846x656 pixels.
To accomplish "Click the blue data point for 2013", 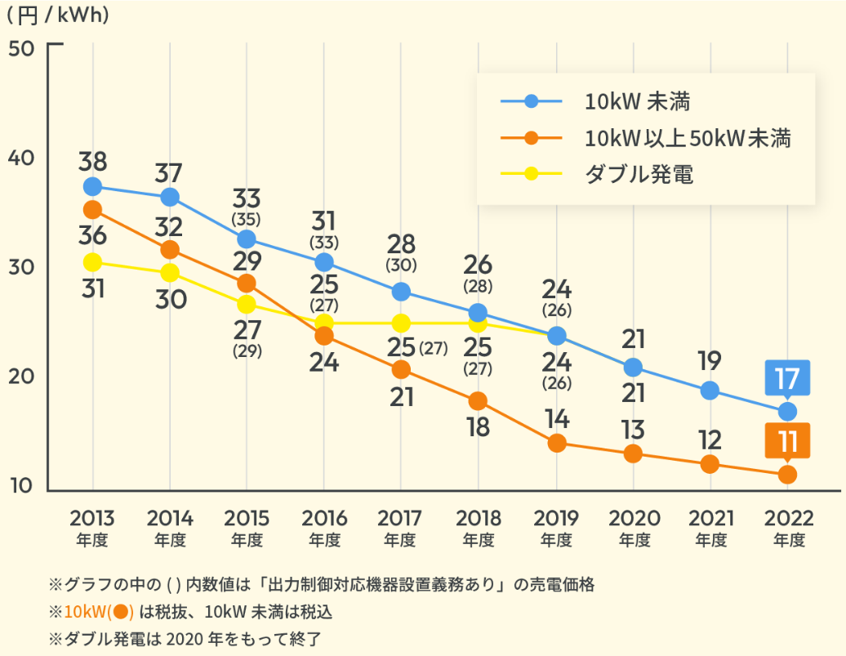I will (x=92, y=186).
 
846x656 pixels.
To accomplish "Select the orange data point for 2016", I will (x=324, y=336).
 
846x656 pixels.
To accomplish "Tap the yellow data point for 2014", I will (x=170, y=272).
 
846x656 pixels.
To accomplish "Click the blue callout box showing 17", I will (x=787, y=378).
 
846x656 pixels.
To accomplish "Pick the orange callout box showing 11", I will (x=787, y=441).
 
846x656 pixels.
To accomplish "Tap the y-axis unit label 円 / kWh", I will (x=57, y=15).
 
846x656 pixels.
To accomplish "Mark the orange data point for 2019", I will (x=557, y=443).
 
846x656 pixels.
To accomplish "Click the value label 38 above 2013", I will (x=92, y=161).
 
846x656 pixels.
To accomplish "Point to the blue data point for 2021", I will (x=710, y=390).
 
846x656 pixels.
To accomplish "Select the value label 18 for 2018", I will (x=478, y=427).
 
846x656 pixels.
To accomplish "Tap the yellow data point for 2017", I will (x=401, y=323).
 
